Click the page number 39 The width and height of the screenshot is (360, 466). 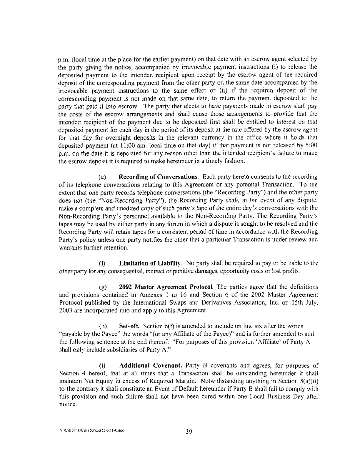pos(189,432)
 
